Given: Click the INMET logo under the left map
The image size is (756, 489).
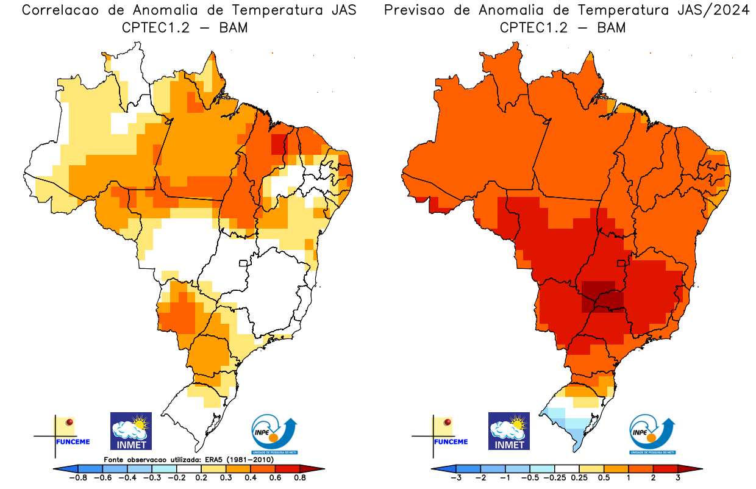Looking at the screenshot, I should click(x=130, y=430).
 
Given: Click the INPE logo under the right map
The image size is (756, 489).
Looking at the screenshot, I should click(x=652, y=434).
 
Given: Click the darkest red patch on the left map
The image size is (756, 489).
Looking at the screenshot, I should click(x=278, y=144).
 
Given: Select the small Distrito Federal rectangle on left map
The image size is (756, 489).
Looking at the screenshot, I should click(x=243, y=263).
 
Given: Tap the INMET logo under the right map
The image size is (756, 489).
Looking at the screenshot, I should click(x=509, y=430).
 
